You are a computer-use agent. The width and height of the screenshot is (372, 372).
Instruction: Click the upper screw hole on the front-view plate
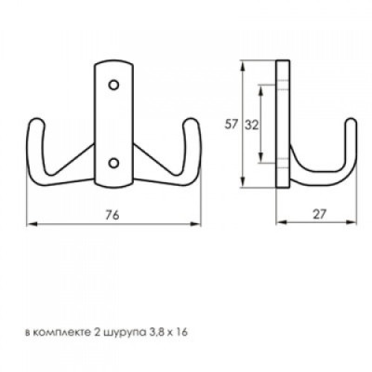tap(113, 85)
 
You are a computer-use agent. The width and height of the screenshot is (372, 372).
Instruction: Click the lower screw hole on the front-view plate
tap(113, 162)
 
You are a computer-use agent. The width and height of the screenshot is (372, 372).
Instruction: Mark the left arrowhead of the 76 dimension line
tap(29, 225)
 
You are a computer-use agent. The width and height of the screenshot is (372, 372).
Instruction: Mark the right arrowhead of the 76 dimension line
tap(199, 225)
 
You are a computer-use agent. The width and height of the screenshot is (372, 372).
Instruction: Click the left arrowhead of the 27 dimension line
tap(280, 225)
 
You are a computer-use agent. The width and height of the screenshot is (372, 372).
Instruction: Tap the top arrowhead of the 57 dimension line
tap(246, 65)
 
